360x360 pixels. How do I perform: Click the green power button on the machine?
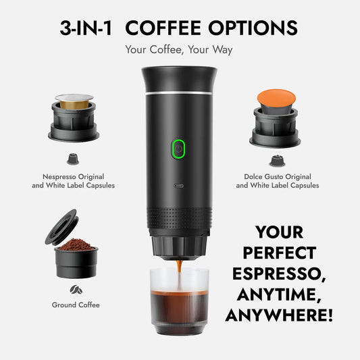tap(178, 148)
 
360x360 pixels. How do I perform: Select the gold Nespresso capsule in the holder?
tap(74, 100)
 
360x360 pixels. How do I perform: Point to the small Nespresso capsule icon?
tap(72, 159)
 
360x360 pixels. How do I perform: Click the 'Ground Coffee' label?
tap(76, 305)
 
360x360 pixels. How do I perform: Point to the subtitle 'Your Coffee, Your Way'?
tap(179, 50)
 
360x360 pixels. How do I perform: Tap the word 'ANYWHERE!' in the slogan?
tap(279, 315)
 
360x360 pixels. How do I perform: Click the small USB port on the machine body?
tap(179, 183)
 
